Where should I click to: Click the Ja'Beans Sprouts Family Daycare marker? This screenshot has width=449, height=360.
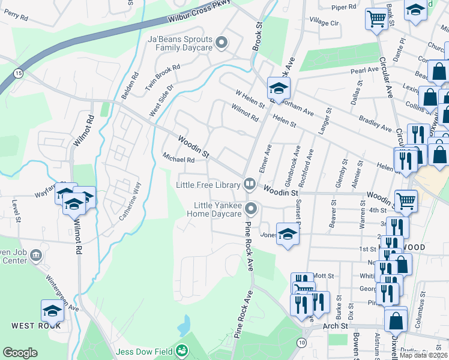click(x=221, y=42)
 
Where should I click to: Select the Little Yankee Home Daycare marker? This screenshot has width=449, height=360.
click(x=252, y=209)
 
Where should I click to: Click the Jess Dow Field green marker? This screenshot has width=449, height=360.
click(x=182, y=350)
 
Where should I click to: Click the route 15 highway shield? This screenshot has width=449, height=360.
click(x=18, y=73)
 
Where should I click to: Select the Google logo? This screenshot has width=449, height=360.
click(x=20, y=353)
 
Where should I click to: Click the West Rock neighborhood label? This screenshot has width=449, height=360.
click(x=35, y=326)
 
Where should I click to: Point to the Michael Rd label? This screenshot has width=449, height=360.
click(x=178, y=160)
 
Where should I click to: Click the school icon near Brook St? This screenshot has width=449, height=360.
click(x=279, y=88)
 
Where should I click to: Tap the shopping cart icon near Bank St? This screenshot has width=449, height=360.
click(x=376, y=18)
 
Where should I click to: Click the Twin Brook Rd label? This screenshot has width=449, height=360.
click(x=163, y=77)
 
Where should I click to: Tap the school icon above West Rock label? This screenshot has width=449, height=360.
click(x=52, y=311)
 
